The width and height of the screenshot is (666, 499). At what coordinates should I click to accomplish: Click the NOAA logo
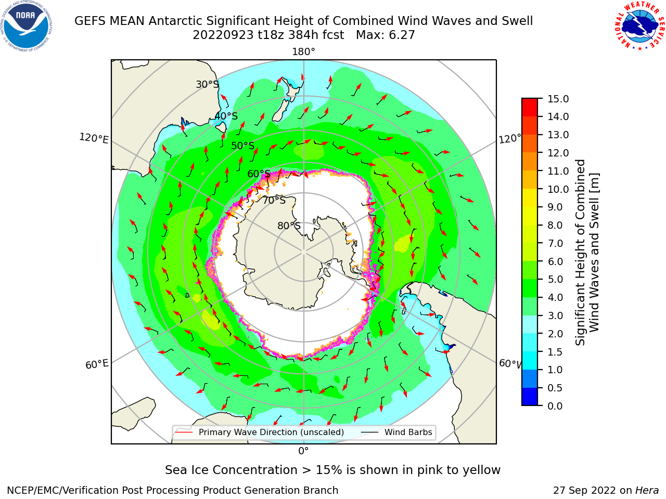27,26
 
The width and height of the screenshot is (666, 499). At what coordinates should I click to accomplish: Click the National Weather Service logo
639,26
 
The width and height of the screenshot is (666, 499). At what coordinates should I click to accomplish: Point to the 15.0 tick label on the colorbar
558,99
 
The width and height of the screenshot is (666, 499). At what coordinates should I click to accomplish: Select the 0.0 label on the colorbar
555,405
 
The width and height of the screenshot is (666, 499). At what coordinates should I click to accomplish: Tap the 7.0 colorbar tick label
555,243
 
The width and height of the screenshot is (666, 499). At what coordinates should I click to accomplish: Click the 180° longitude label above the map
303,52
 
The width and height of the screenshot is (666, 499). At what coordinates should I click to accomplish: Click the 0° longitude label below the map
303,451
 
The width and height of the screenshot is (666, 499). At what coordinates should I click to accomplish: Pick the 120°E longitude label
94,138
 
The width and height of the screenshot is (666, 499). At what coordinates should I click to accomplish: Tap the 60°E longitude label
97,364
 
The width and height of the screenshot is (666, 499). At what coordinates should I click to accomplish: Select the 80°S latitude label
289,226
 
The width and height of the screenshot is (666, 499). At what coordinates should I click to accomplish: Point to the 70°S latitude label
274,200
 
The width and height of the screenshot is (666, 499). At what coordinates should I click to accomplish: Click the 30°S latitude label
207,84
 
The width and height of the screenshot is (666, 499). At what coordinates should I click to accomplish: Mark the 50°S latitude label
243,146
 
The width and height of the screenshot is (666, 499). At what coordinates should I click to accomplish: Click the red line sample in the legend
184,432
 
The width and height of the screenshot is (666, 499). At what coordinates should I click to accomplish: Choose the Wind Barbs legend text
408,432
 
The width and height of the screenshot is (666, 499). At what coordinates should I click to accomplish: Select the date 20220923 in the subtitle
223,35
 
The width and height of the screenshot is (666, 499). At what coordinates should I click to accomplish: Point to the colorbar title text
587,252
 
